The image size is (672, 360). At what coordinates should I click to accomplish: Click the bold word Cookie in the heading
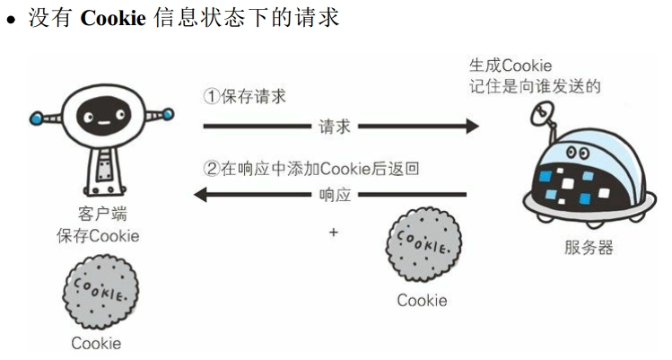[113, 17]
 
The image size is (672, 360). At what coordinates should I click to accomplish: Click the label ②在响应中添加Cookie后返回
[311, 167]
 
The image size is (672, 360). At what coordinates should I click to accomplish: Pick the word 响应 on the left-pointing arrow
[335, 194]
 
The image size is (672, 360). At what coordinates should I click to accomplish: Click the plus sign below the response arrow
[334, 232]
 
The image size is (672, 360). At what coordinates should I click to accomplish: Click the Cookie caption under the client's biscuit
[96, 343]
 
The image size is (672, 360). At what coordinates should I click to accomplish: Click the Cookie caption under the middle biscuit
[422, 300]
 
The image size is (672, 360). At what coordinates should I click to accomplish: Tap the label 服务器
[589, 247]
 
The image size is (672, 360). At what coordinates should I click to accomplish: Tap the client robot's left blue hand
[36, 117]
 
